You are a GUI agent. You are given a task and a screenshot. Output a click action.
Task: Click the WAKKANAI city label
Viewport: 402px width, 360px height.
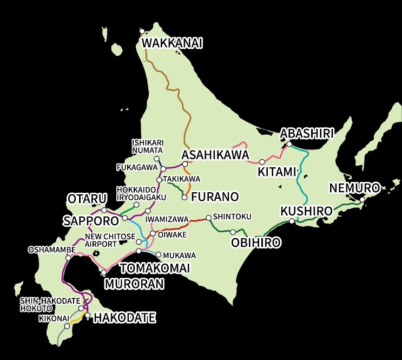pos(172,43)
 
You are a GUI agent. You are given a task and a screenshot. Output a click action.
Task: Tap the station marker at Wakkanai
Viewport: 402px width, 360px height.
pos(142,31)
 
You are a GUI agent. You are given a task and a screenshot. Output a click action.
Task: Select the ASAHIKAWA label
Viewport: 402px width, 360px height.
pos(215,155)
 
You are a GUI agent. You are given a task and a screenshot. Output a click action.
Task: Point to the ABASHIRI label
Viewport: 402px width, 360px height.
pos(307,133)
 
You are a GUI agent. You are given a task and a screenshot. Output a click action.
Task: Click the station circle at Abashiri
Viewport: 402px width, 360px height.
pos(289,144)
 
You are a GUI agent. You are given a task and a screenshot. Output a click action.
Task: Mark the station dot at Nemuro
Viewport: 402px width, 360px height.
pos(363,199)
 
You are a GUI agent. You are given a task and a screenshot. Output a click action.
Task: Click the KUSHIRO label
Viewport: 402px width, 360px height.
pos(306,210)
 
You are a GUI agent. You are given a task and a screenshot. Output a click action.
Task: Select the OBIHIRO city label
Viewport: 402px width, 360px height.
pos(256,243)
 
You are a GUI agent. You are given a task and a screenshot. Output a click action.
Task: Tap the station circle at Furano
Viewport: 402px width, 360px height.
pos(184,198)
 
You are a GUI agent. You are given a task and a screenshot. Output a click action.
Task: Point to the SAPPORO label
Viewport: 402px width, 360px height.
pos(90,220)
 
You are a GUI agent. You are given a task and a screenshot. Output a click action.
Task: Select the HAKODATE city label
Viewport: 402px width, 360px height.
pos(124,318)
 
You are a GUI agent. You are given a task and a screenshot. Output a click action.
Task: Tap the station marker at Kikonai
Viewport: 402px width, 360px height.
pos(67,326)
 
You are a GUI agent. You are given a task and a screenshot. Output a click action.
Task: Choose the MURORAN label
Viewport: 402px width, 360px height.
pos(134,283)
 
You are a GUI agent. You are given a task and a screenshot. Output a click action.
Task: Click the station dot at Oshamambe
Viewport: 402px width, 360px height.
pos(68,258)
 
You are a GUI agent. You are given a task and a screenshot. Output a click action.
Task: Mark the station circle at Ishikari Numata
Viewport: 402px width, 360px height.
pos(156,159)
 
